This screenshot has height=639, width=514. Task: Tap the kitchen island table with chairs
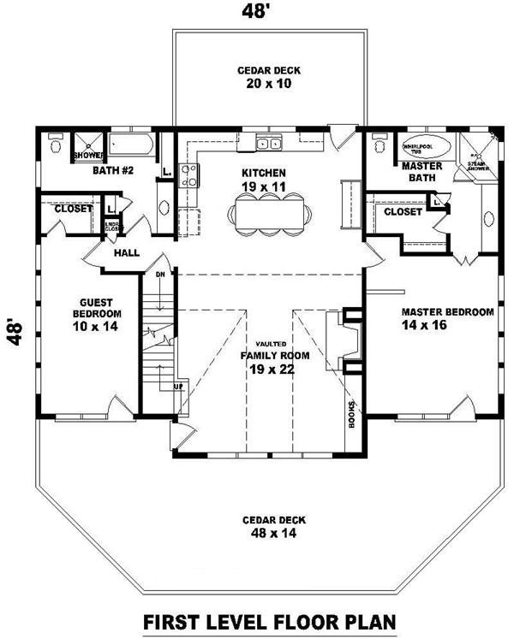pos(267,211)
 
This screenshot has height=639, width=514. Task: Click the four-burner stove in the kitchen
pos(189,175)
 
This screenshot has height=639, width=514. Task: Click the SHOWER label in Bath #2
pos(87,155)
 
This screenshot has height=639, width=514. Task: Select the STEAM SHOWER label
pos(475,163)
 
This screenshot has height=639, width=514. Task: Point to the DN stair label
pos(159,275)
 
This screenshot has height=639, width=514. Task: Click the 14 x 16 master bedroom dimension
pos(446,326)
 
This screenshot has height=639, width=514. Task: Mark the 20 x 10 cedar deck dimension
pos(270,85)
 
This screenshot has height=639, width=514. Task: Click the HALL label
pos(125,253)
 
